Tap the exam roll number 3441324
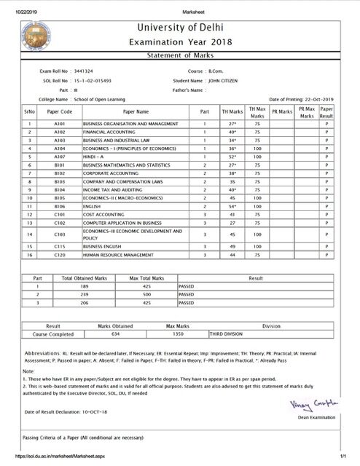[x=88, y=71]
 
